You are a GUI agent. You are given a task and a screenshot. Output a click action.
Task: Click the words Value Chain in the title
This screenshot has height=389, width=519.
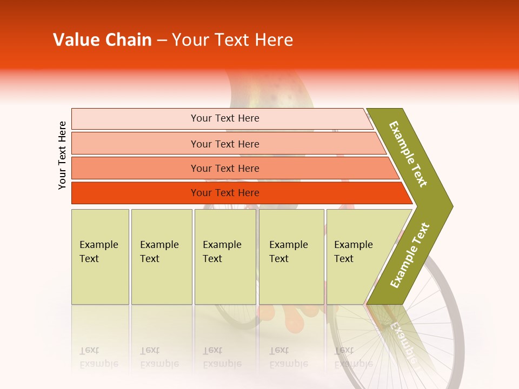(x=102, y=40)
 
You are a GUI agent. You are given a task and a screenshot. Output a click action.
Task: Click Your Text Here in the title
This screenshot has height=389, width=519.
(x=232, y=40)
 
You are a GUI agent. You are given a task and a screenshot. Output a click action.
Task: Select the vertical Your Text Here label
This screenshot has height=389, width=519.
(x=62, y=155)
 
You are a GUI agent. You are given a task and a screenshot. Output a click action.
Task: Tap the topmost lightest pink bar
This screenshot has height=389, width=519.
(x=135, y=119)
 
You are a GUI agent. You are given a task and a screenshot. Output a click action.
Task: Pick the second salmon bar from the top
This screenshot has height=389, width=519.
(x=135, y=144)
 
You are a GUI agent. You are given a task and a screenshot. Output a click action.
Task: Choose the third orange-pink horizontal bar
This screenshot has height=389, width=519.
(x=135, y=168)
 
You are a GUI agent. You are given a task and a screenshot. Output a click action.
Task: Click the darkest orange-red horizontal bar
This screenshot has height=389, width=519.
(x=135, y=193)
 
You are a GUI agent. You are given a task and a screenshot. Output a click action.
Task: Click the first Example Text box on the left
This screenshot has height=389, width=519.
(x=100, y=270)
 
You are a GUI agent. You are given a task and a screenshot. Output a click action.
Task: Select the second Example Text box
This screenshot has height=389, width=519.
(x=161, y=270)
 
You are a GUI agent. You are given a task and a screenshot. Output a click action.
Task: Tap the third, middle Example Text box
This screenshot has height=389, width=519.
(x=225, y=270)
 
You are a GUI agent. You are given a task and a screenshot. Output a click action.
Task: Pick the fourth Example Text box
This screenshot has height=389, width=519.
(x=291, y=270)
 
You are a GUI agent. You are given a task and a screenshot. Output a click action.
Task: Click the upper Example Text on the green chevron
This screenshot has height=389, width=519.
(x=408, y=154)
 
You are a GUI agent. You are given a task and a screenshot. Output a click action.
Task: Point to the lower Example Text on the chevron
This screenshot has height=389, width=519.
(x=410, y=256)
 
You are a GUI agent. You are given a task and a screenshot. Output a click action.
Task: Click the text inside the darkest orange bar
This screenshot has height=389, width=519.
(x=225, y=193)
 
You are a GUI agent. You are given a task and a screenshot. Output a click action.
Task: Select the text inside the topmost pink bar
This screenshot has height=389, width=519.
(x=225, y=118)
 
